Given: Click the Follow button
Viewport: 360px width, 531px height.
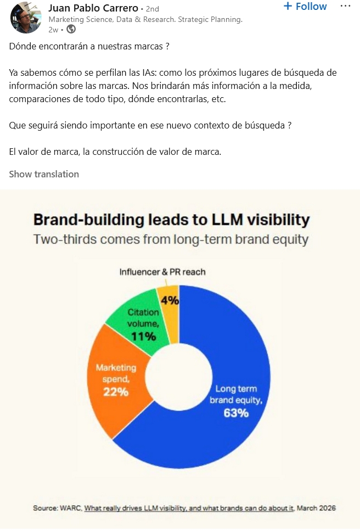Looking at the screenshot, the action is [305, 7].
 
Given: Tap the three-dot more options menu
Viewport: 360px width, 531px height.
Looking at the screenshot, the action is [345, 7].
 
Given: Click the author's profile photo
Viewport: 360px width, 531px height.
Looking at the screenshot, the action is [25, 18].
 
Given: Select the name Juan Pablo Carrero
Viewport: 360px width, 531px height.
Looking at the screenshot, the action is [93, 8].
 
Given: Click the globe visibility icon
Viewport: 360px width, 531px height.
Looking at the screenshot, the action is [71, 30].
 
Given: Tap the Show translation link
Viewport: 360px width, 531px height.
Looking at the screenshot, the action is [44, 174].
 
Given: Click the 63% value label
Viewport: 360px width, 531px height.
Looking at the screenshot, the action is [236, 413].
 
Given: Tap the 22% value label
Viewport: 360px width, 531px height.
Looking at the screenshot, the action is [116, 392].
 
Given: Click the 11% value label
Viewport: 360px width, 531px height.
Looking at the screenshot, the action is [143, 337].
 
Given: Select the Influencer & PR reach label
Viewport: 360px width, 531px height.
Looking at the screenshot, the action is [162, 272].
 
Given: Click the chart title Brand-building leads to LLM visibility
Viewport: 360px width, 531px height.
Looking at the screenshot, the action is [172, 220].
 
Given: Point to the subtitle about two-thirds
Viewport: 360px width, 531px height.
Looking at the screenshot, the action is [171, 239].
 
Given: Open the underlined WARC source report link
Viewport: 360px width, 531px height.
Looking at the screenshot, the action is [189, 508].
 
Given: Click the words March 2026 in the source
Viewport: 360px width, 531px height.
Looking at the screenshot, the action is [316, 508].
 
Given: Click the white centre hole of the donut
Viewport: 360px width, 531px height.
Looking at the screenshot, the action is [179, 377].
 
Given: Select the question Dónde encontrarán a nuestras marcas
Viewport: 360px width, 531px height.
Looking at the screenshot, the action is [89, 46].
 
